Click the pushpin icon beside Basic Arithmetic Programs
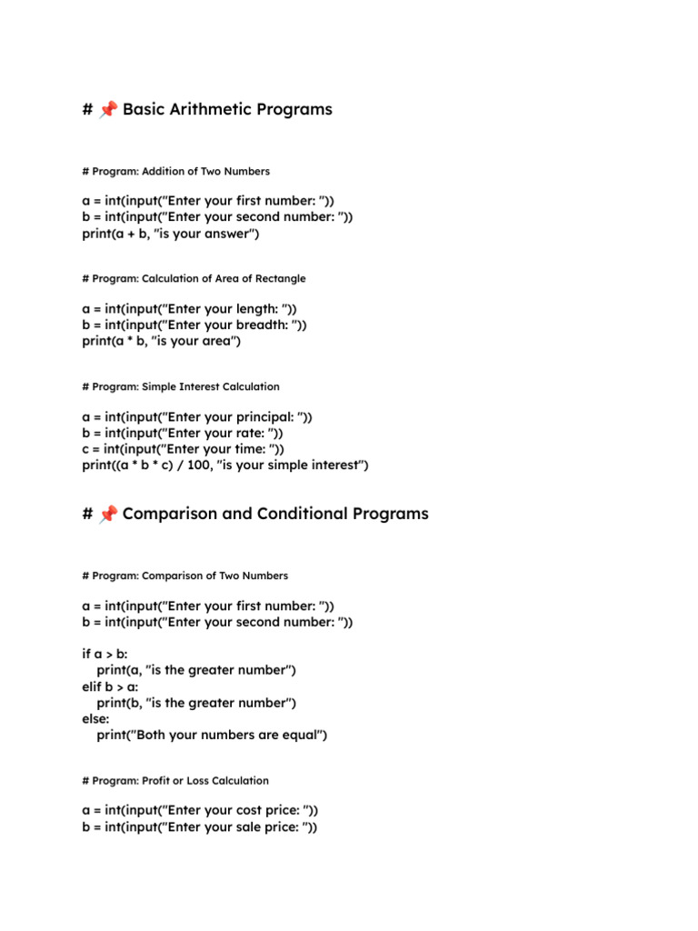pos(108,110)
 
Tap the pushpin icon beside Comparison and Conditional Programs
pos(108,515)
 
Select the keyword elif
pos(94,686)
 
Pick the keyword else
pos(95,718)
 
